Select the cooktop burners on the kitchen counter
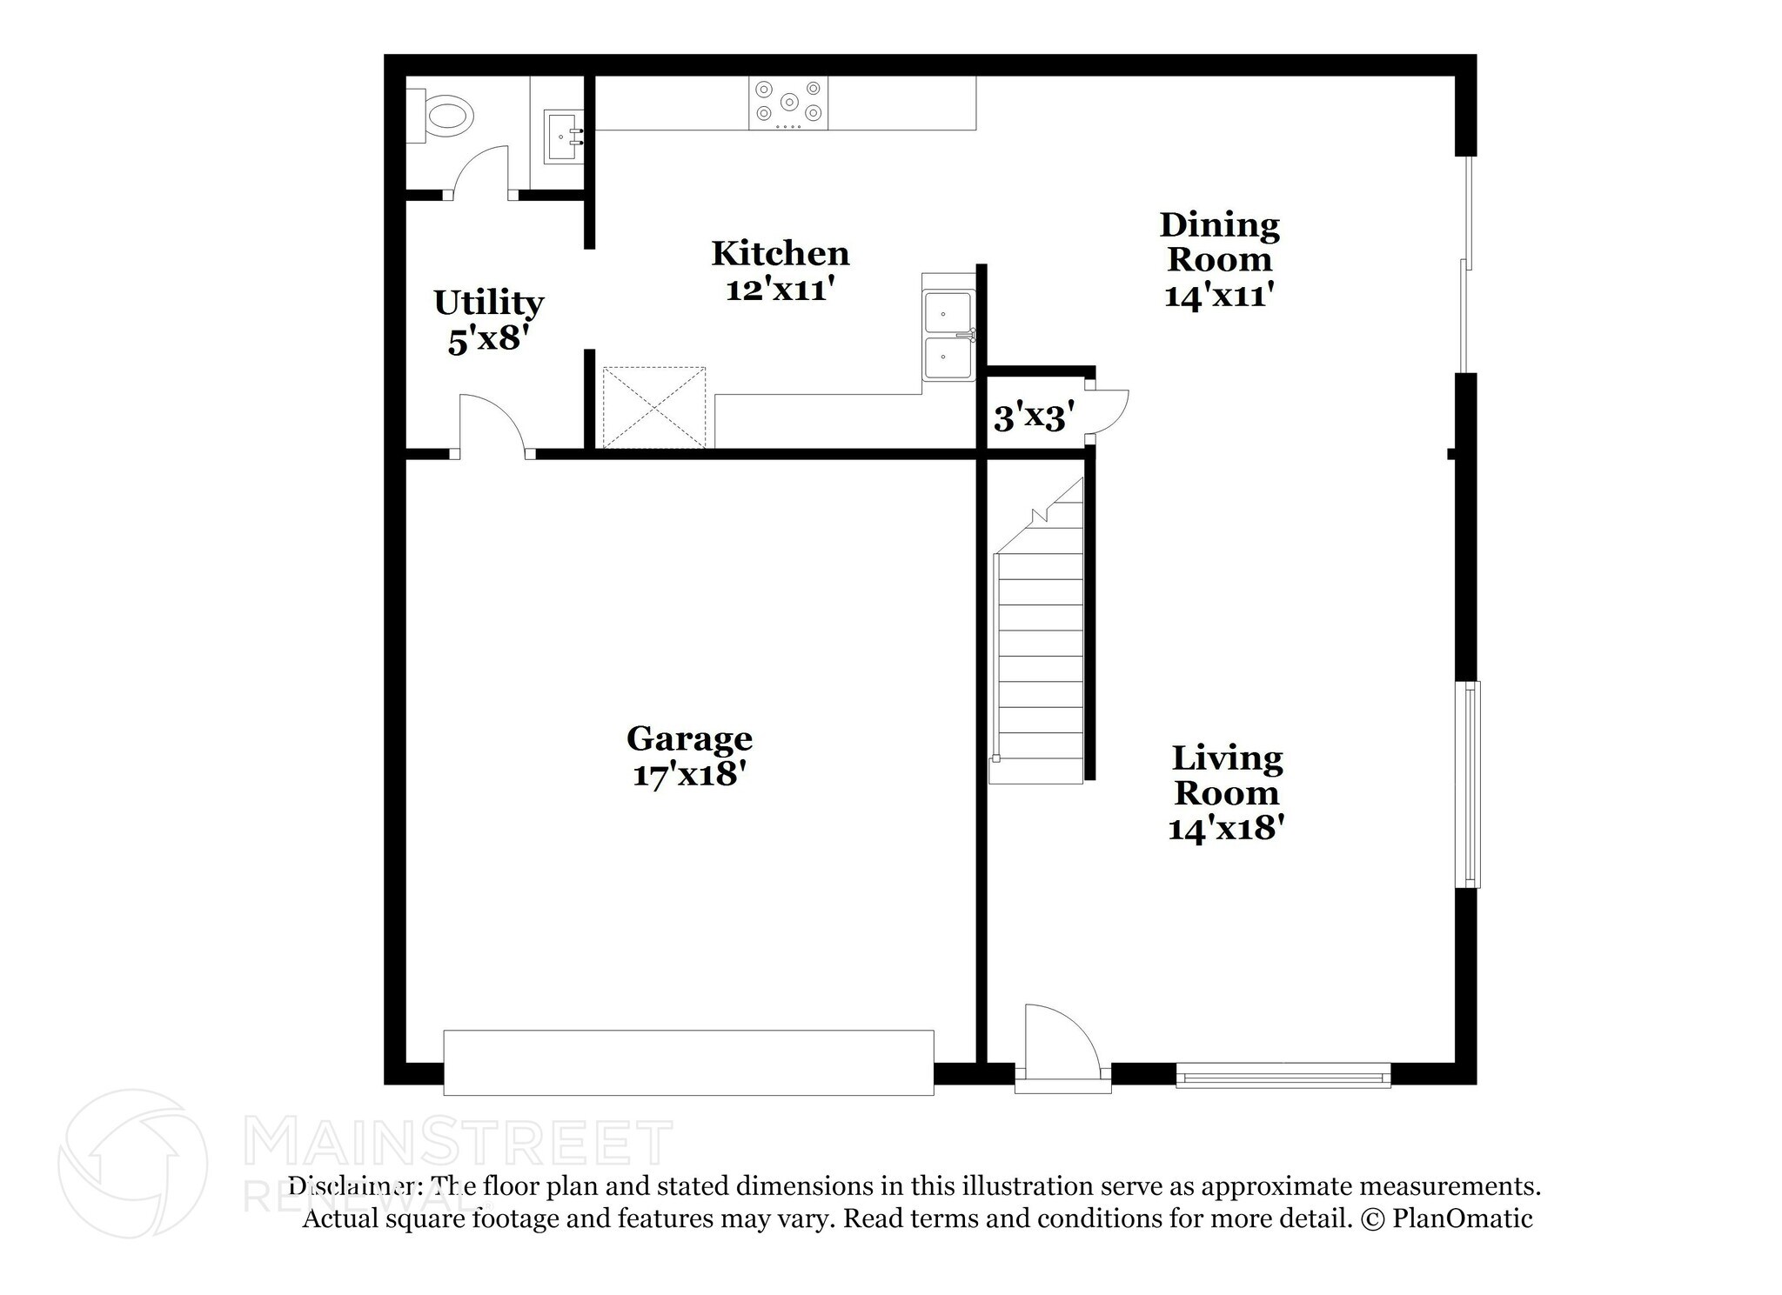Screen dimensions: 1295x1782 (x=788, y=103)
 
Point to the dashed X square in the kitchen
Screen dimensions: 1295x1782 (x=654, y=407)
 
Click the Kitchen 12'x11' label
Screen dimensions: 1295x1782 (x=780, y=270)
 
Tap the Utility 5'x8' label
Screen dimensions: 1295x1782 (x=488, y=320)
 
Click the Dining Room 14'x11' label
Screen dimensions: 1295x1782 (x=1219, y=259)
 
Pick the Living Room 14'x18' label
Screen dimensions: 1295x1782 (x=1226, y=792)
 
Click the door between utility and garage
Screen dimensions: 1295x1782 (x=490, y=426)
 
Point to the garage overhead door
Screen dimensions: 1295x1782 (x=688, y=1062)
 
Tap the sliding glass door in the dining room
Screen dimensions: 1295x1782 (x=1466, y=264)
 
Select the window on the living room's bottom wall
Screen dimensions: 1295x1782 (x=1283, y=1076)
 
